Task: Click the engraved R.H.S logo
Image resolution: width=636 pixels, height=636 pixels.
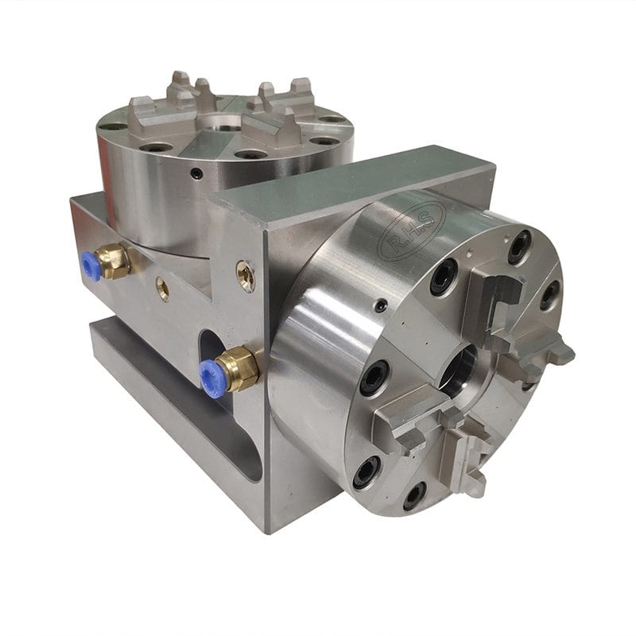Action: (x=413, y=231)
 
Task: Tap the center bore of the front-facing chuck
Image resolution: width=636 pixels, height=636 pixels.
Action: (x=460, y=369)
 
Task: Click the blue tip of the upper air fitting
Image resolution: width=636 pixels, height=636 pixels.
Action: (x=91, y=267)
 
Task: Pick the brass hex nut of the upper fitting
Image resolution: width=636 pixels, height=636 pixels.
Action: (x=115, y=261)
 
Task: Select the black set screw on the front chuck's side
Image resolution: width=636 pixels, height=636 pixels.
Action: (x=382, y=305)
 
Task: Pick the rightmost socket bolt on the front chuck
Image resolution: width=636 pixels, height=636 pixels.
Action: (x=549, y=295)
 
